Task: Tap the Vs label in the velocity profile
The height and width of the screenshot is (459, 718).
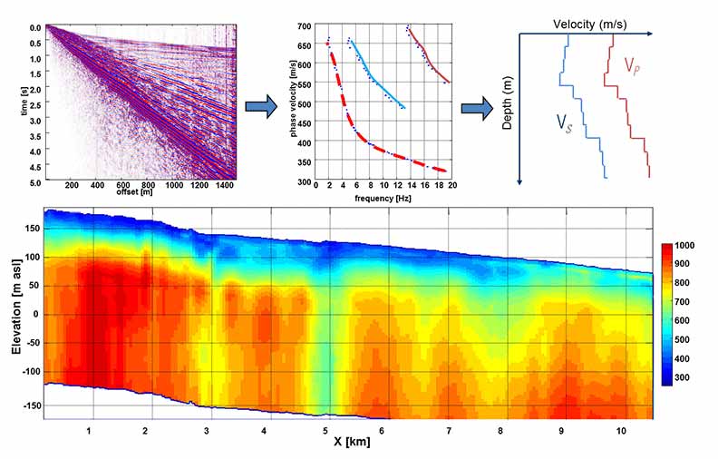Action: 565,122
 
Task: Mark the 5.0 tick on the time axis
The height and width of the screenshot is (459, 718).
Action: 34,182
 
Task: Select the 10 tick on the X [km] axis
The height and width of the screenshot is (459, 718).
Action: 621,429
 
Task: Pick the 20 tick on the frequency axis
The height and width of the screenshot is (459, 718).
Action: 451,187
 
